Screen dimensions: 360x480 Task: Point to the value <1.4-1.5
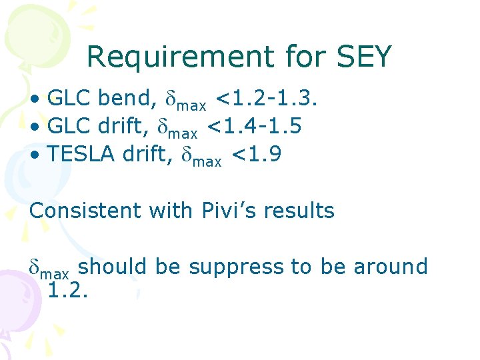point(257,127)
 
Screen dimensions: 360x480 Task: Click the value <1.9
point(256,155)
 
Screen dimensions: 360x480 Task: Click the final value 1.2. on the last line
point(69,291)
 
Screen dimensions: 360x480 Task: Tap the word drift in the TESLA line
point(150,155)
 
